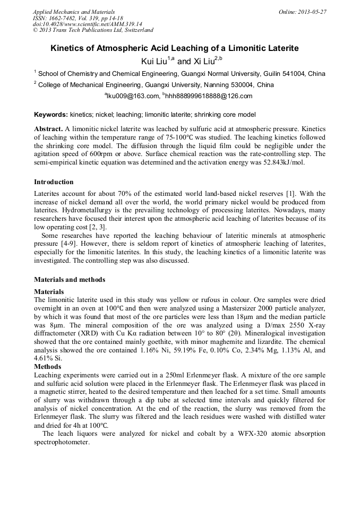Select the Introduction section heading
click(54, 182)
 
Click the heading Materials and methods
click(70, 280)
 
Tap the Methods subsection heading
click(48, 367)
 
